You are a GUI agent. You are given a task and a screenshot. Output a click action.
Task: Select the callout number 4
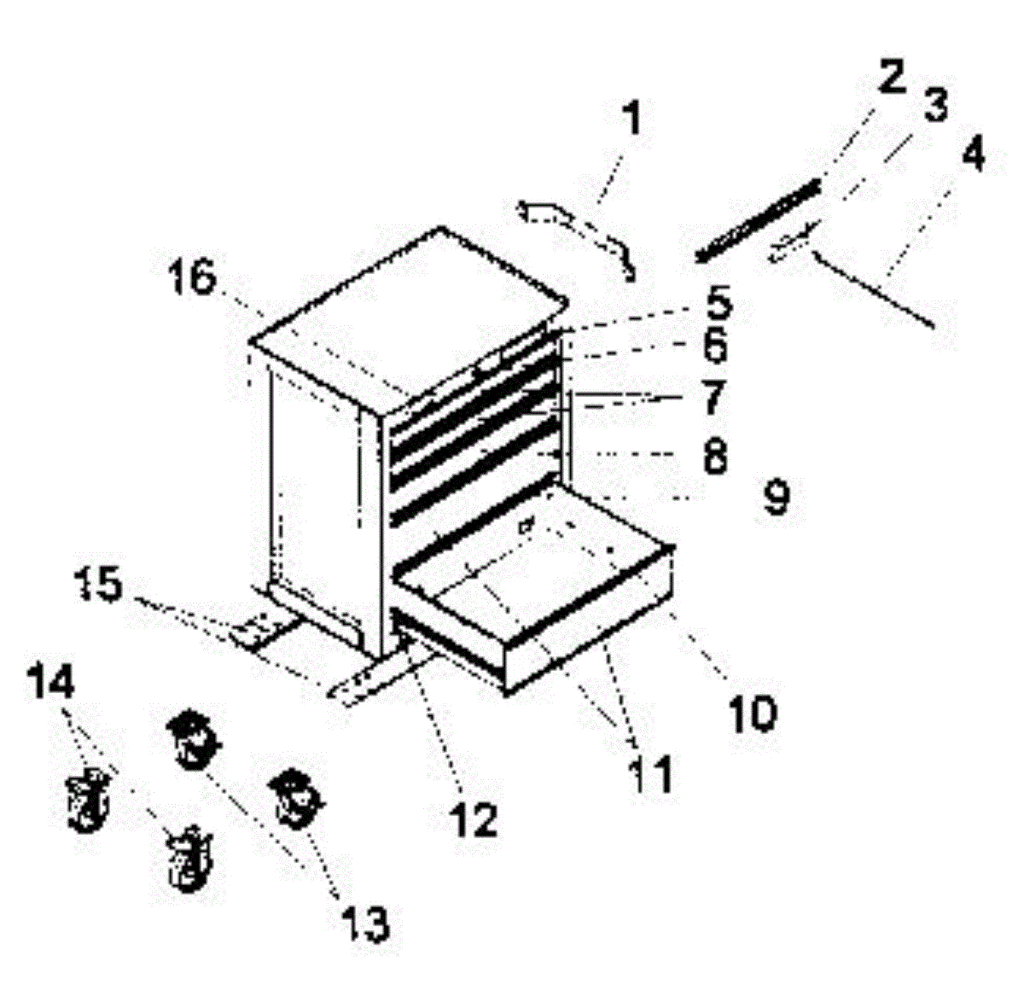[972, 156]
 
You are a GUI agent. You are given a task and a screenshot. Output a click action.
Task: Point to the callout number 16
[193, 277]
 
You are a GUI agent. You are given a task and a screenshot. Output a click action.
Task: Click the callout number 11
[651, 774]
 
